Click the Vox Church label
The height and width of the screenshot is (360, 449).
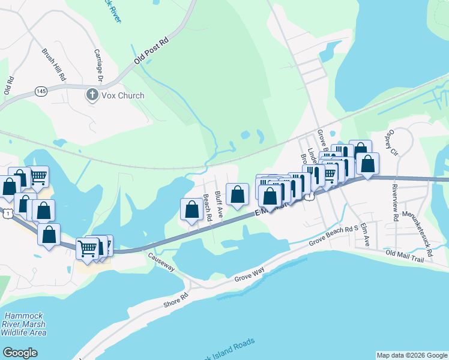coord(122,95)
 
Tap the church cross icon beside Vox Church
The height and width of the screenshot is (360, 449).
coord(92,95)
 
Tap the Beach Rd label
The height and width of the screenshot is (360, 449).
coord(208,208)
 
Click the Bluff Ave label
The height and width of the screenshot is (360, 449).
coord(220,204)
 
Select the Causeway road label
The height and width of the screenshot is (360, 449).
coord(161,262)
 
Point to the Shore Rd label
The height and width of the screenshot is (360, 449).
coord(176,301)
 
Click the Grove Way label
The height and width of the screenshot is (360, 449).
coord(249,275)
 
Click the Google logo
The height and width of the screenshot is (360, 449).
coord(20,353)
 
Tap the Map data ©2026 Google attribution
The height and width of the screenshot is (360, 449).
coord(411,355)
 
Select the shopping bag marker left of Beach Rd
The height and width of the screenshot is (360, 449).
coord(191,209)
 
